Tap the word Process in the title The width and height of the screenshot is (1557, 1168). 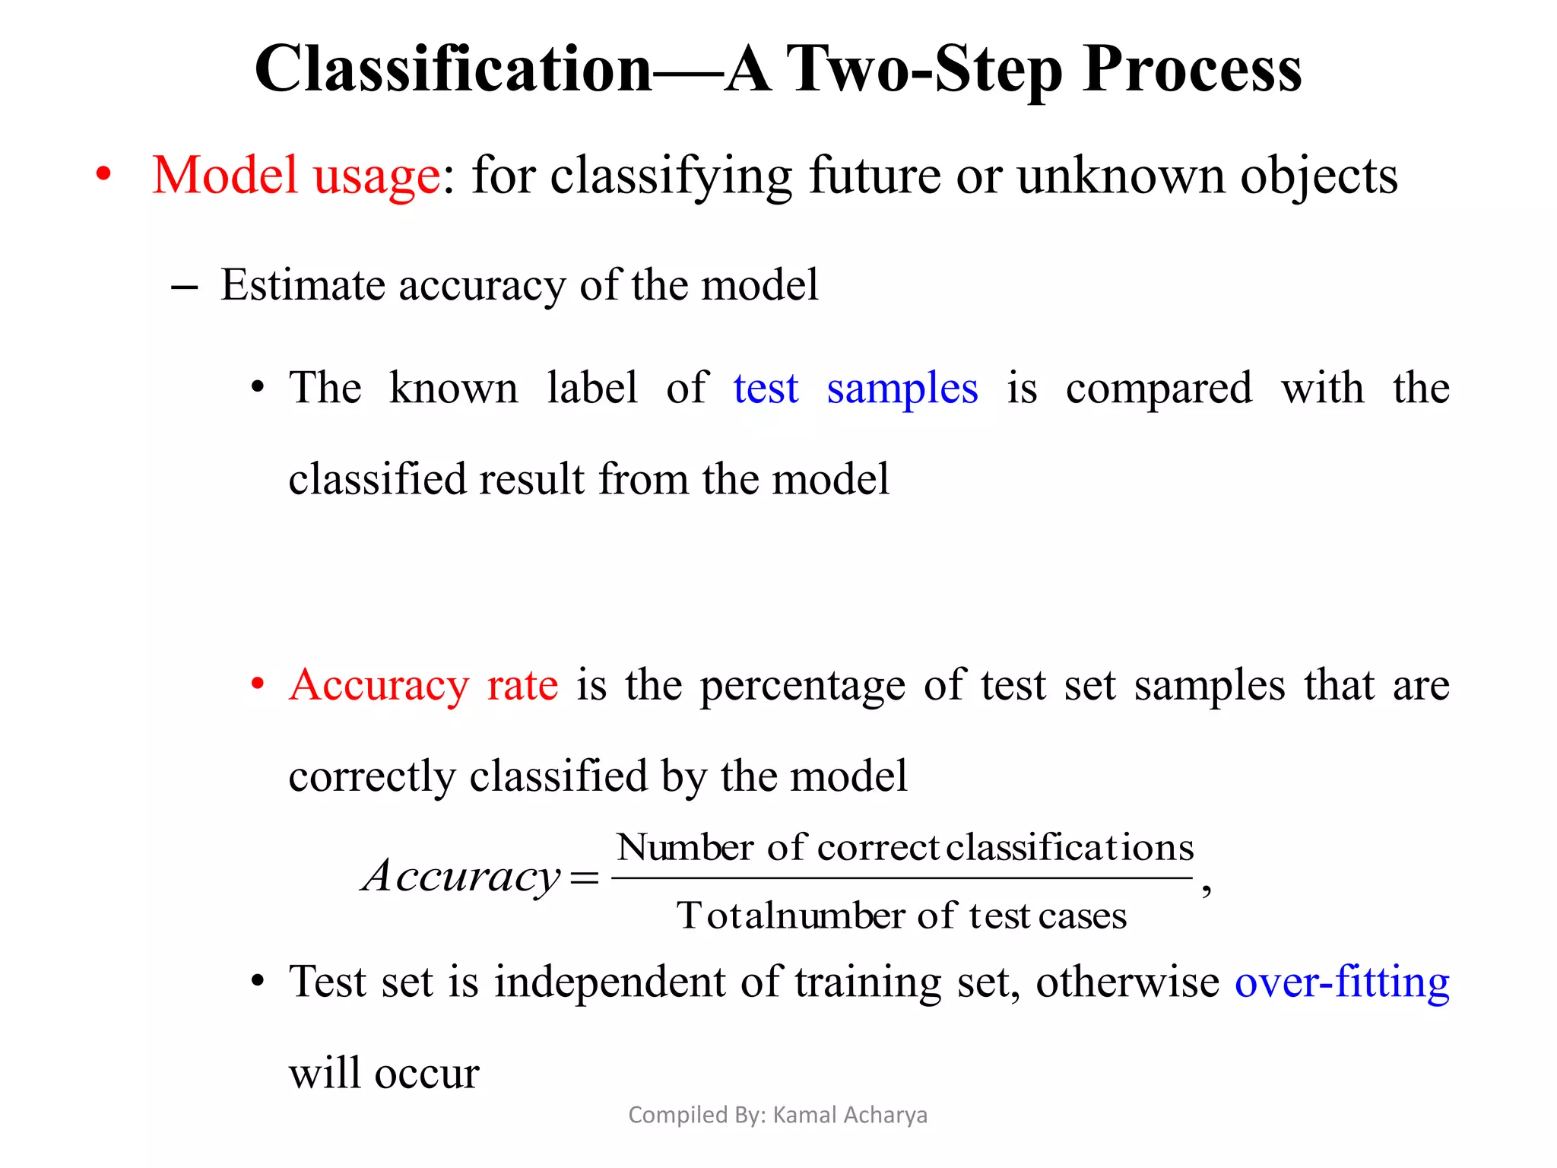(1192, 70)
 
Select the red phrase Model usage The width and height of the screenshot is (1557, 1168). (296, 176)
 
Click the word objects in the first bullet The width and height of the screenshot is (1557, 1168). (1319, 176)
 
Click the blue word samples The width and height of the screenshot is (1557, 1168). (902, 389)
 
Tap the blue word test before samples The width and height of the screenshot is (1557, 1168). (766, 389)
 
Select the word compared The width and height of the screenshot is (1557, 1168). (1159, 389)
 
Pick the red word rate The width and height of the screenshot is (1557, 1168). (522, 685)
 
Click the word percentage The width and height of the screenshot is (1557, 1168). (802, 685)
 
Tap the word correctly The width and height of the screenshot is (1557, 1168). (370, 776)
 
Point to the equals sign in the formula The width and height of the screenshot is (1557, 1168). (584, 879)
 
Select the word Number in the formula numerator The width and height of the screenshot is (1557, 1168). (685, 847)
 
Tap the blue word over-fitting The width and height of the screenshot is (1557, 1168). (1342, 982)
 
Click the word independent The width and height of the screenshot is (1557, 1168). (610, 982)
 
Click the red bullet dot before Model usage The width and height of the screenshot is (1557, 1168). (103, 176)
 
